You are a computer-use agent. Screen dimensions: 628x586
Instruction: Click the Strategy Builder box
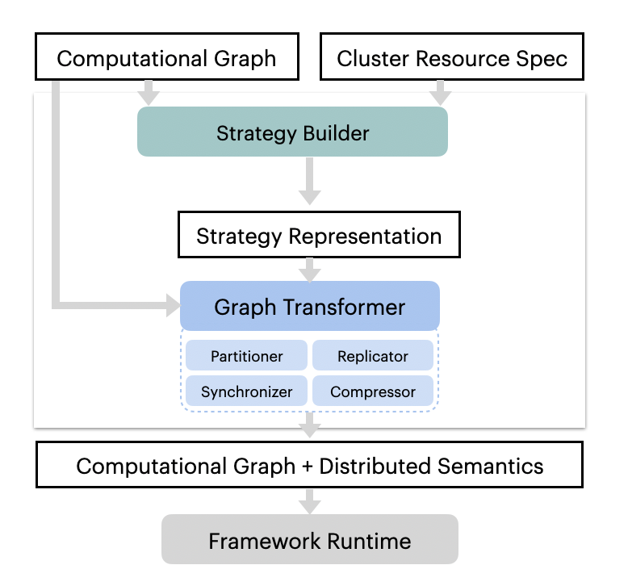click(x=292, y=132)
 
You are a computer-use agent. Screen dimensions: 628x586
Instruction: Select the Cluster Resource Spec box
click(x=452, y=57)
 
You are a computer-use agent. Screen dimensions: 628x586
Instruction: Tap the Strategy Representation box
click(x=319, y=235)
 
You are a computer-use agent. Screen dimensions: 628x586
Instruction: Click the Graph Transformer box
click(x=310, y=306)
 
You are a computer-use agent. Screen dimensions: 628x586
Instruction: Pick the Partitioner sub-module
click(x=246, y=355)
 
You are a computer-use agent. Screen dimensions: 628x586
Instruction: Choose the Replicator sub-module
click(x=373, y=355)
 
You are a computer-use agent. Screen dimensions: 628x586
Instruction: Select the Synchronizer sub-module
click(x=246, y=391)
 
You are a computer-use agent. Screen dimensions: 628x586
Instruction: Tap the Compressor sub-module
click(x=373, y=391)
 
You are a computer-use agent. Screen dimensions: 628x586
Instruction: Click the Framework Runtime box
click(x=310, y=539)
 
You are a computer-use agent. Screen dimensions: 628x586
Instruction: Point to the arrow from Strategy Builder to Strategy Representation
click(x=310, y=181)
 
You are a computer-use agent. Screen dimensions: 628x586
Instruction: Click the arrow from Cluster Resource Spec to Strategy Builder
click(x=440, y=93)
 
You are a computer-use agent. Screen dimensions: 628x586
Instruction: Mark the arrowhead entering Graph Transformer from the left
click(x=173, y=306)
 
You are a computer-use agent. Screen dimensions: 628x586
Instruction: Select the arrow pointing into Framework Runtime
click(x=310, y=501)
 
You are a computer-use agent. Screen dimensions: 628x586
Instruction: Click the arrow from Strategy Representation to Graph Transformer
click(x=310, y=270)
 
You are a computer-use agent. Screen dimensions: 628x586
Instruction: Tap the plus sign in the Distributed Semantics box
click(x=308, y=467)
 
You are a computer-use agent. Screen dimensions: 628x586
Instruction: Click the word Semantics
click(x=490, y=466)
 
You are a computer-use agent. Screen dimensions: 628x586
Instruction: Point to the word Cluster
click(x=373, y=58)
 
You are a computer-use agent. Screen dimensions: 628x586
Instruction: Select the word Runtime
click(x=369, y=541)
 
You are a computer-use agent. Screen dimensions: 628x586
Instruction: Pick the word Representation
click(x=365, y=236)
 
